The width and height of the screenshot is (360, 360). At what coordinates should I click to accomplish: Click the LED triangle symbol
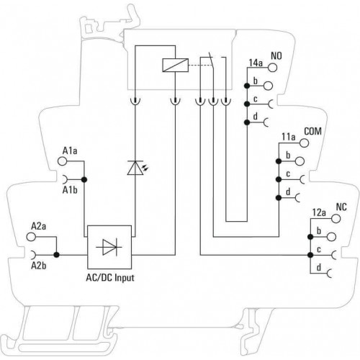135,168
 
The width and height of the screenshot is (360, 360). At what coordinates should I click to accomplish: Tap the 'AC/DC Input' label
110,278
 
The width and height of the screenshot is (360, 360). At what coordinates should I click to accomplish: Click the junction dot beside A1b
84,179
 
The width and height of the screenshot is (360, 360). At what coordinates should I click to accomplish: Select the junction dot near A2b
57,255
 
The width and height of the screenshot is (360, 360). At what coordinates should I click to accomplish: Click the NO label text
276,56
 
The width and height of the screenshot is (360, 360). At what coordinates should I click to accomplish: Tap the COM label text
312,131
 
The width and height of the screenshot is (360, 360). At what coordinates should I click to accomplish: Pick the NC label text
341,207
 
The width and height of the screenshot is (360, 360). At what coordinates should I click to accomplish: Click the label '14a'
256,63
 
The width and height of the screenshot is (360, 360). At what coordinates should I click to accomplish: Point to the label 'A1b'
70,190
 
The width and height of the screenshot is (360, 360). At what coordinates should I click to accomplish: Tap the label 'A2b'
39,266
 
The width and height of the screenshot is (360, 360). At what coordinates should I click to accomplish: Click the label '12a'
319,212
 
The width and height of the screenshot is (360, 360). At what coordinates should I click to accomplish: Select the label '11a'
289,137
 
